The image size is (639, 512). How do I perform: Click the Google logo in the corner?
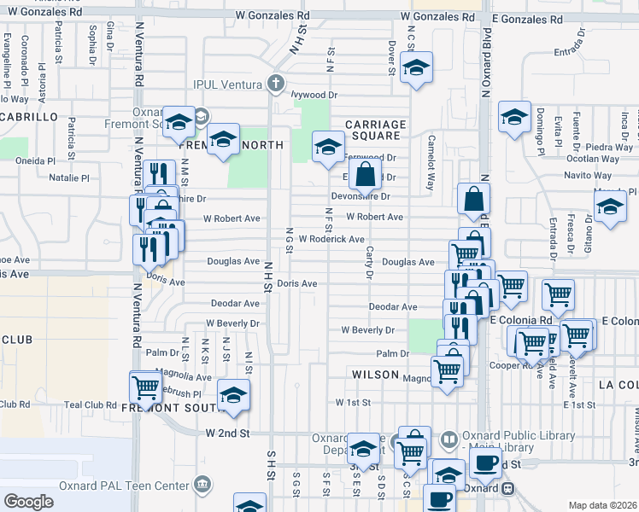(x=28, y=502)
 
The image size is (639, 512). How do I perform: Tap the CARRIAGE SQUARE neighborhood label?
(x=373, y=130)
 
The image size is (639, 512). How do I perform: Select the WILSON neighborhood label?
(x=375, y=375)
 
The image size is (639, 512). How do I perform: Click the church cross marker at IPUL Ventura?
(x=275, y=84)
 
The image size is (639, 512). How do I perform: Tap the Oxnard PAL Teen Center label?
(x=123, y=486)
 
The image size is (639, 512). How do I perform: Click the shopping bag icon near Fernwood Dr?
(x=365, y=176)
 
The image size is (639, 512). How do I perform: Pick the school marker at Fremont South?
(x=232, y=395)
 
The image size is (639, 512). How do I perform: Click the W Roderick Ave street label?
(x=331, y=240)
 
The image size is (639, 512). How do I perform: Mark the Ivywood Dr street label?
(x=314, y=96)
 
